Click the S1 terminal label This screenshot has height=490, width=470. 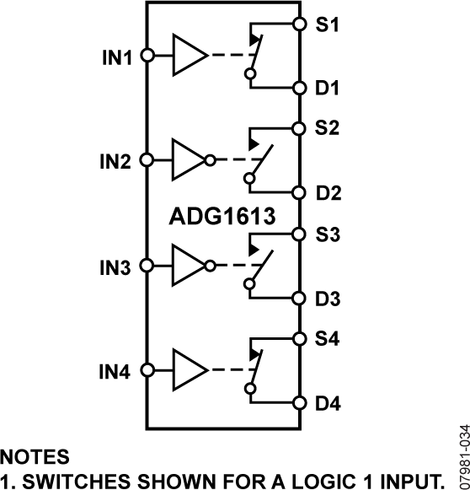[x=328, y=25]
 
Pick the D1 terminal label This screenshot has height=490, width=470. [x=328, y=88]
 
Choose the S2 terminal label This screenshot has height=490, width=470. [x=328, y=130]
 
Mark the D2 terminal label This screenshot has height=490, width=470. [x=328, y=193]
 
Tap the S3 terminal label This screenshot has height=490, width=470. [x=328, y=235]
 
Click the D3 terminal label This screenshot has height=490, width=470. [x=328, y=298]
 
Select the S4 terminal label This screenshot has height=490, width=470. [x=328, y=340]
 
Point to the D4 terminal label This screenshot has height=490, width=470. [x=328, y=403]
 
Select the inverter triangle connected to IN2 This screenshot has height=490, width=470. [x=187, y=160]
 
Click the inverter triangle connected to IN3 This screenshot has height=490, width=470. [x=187, y=266]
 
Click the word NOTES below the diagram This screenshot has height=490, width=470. [x=35, y=456]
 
